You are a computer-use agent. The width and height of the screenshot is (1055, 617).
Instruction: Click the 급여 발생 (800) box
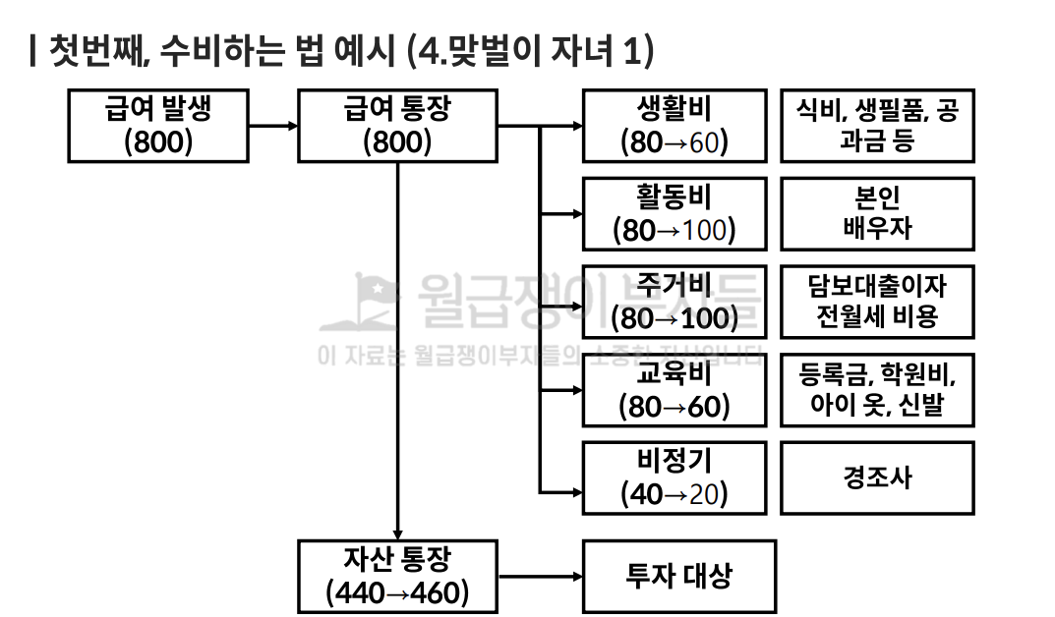pyautogui.click(x=158, y=126)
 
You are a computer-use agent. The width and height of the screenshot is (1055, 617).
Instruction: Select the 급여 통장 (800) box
pyautogui.click(x=397, y=126)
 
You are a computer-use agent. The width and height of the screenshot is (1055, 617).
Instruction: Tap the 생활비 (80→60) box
pyautogui.click(x=674, y=126)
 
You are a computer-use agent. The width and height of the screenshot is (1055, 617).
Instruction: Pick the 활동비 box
pyautogui.click(x=674, y=213)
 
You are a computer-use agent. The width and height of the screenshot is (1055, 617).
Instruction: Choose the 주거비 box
pyautogui.click(x=674, y=302)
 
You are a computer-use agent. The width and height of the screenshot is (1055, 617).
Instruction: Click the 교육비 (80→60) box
pyautogui.click(x=674, y=390)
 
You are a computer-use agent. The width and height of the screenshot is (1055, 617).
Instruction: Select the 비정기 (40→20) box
pyautogui.click(x=674, y=478)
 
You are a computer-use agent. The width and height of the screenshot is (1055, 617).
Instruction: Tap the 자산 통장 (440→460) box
pyautogui.click(x=397, y=577)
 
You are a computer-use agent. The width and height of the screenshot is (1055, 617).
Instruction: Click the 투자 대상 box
pyautogui.click(x=678, y=577)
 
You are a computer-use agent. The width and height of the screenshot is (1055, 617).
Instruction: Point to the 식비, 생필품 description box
pyautogui.click(x=877, y=126)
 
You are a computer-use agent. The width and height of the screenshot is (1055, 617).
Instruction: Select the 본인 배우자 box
pyautogui.click(x=877, y=213)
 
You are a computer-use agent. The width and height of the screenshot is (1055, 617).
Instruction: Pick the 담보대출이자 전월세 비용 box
pyautogui.click(x=877, y=302)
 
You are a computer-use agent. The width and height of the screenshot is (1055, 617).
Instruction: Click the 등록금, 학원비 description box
pyautogui.click(x=877, y=390)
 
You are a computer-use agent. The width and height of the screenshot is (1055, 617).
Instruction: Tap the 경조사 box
pyautogui.click(x=877, y=478)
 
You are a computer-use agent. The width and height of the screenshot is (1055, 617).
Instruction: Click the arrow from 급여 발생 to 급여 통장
pyautogui.click(x=273, y=126)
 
